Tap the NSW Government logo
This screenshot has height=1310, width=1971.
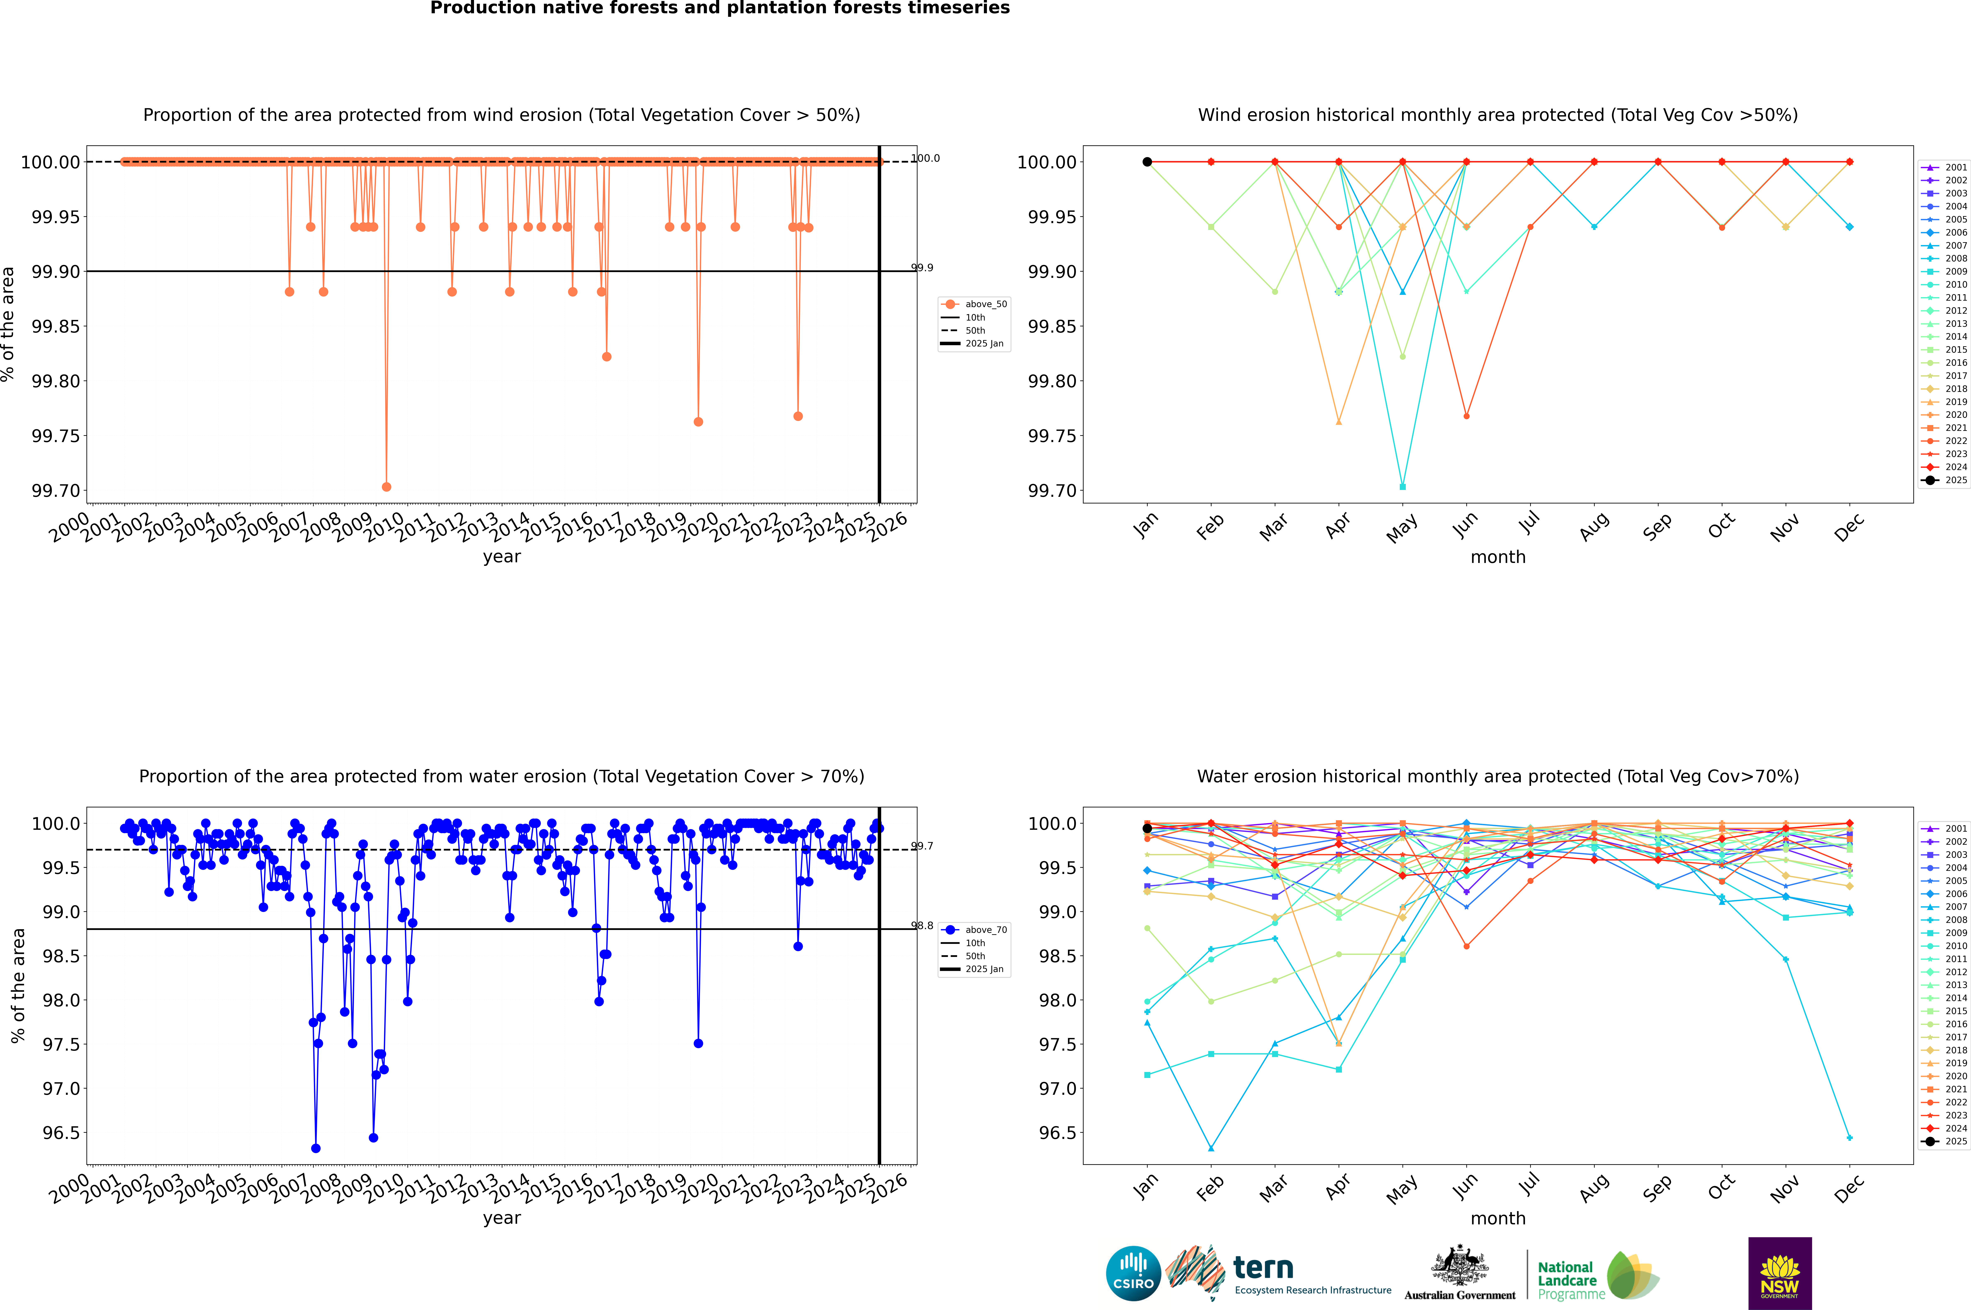pos(1780,1273)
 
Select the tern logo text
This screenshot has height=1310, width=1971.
pos(1263,1268)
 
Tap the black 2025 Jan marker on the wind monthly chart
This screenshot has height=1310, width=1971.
pos(1147,162)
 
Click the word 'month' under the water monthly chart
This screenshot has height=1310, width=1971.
pos(1498,1218)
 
